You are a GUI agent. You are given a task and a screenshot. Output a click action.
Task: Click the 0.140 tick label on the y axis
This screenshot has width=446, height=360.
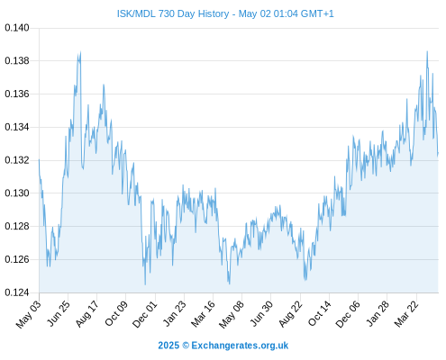coord(17,28)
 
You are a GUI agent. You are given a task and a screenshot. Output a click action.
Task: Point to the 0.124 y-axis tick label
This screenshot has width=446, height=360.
coord(17,292)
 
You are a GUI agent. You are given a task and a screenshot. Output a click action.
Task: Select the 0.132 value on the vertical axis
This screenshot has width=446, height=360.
coord(17,160)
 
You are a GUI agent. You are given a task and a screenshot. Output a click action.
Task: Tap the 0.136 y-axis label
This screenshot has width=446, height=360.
coord(17,94)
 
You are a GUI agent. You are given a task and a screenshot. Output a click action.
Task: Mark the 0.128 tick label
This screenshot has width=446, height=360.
coord(17,226)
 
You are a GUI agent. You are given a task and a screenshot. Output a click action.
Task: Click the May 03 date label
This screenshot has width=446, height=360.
coord(28,314)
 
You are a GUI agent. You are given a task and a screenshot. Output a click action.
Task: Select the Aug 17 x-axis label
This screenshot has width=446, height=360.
coord(86,314)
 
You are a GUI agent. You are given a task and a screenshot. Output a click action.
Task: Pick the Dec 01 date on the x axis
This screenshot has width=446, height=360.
coord(145,314)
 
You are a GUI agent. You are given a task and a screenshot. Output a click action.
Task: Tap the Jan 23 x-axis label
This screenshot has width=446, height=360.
coord(174,314)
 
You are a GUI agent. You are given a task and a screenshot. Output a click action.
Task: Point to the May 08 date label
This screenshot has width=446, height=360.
coord(232,314)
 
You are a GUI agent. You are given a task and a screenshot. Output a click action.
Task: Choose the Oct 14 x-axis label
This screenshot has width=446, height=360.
coord(319,314)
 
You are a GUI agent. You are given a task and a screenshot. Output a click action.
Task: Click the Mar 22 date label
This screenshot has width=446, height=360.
coord(406,314)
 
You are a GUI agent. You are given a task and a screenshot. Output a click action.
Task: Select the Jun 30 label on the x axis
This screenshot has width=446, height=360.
coord(261,314)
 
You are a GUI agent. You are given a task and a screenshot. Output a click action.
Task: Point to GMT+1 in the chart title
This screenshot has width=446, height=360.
coord(317,13)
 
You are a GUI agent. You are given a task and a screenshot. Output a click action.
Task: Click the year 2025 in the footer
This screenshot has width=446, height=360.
coord(168,346)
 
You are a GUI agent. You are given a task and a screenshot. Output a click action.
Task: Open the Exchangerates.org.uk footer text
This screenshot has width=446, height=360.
coord(240,346)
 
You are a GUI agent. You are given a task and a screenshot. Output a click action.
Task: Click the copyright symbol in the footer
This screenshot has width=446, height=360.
coord(186,346)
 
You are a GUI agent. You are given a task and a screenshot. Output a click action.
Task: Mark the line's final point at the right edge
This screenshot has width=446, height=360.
coord(438,154)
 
